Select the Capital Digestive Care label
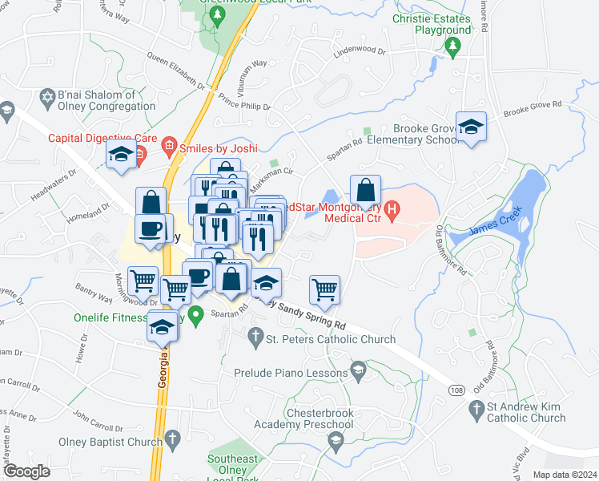click(101, 137)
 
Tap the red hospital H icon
click(392, 211)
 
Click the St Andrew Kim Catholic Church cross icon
click(475, 411)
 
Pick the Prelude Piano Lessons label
click(290, 373)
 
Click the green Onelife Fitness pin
click(196, 314)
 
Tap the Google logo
click(26, 471)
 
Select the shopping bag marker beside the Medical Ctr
click(365, 191)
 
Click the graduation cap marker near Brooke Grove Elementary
click(471, 127)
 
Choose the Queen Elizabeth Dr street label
click(175, 69)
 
